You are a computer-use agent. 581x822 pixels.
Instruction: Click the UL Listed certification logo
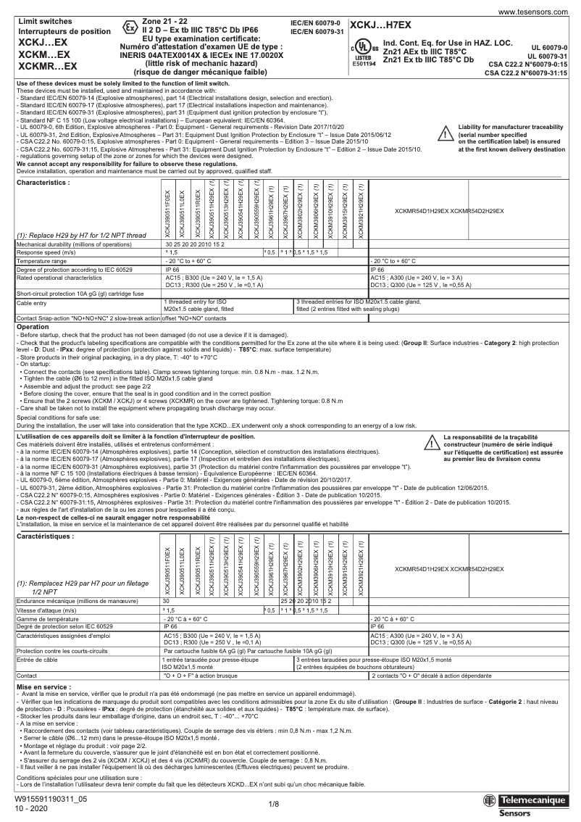(361, 54)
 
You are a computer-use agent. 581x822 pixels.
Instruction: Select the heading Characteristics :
(43, 183)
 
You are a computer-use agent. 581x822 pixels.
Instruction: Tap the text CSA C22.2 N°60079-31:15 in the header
(530, 73)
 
